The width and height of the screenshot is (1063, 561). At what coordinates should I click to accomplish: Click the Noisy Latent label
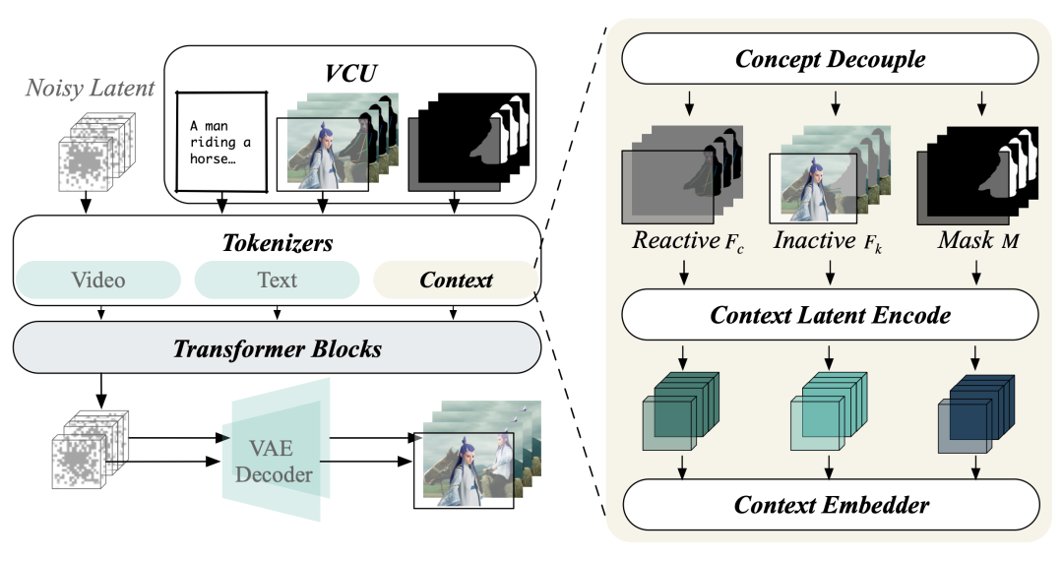click(x=91, y=89)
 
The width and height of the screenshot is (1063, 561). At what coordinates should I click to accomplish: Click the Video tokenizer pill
click(x=97, y=280)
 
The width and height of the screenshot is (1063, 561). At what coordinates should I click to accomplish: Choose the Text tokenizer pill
click(x=277, y=280)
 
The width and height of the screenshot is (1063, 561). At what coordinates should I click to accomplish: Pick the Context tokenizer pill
click(x=456, y=280)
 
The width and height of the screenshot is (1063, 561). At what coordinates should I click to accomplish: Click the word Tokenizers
click(x=277, y=241)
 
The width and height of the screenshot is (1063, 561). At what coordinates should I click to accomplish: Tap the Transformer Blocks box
click(x=277, y=348)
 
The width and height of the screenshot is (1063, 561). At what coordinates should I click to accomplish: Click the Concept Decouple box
click(x=830, y=59)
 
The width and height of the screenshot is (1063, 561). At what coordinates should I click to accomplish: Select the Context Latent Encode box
click(x=830, y=316)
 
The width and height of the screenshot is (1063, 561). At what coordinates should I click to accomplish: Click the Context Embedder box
click(x=830, y=506)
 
